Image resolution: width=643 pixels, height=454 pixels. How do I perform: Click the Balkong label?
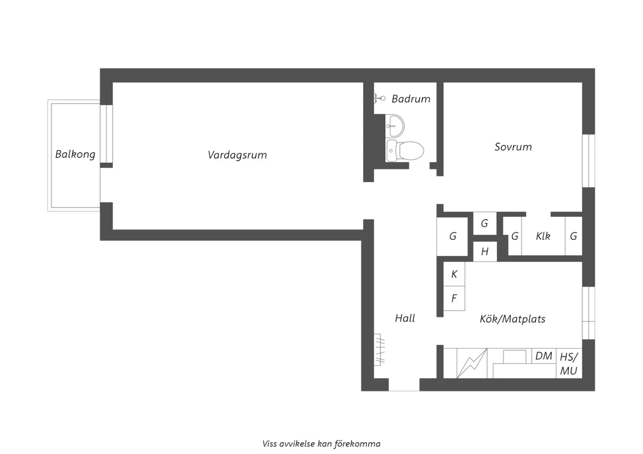(x=75, y=155)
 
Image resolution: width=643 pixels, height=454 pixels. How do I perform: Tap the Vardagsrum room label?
(x=237, y=155)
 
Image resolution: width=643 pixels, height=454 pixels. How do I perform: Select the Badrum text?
(x=411, y=99)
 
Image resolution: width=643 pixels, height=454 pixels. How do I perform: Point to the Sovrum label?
(x=513, y=147)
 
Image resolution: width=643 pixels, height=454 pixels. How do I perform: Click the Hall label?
(x=405, y=318)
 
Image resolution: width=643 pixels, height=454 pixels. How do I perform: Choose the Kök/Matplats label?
(x=512, y=319)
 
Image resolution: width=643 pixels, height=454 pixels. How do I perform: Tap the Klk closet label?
(x=543, y=236)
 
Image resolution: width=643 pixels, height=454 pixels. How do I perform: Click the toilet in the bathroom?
(x=405, y=151)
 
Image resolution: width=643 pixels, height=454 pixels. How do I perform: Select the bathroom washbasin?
(x=395, y=126)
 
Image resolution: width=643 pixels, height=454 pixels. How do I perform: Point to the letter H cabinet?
(x=484, y=251)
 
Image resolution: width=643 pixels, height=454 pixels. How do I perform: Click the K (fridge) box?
(x=454, y=274)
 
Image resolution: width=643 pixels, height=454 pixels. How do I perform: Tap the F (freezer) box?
(x=454, y=298)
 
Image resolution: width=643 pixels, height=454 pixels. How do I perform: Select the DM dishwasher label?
(x=544, y=356)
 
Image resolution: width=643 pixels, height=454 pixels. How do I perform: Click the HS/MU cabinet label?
(x=569, y=364)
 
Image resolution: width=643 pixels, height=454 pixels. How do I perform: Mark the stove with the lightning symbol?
(x=472, y=363)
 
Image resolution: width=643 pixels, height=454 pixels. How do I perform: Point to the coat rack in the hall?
(x=379, y=349)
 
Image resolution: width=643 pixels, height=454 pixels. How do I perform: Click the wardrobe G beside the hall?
(x=452, y=236)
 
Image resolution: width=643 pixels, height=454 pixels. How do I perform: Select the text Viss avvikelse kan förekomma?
(x=321, y=444)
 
